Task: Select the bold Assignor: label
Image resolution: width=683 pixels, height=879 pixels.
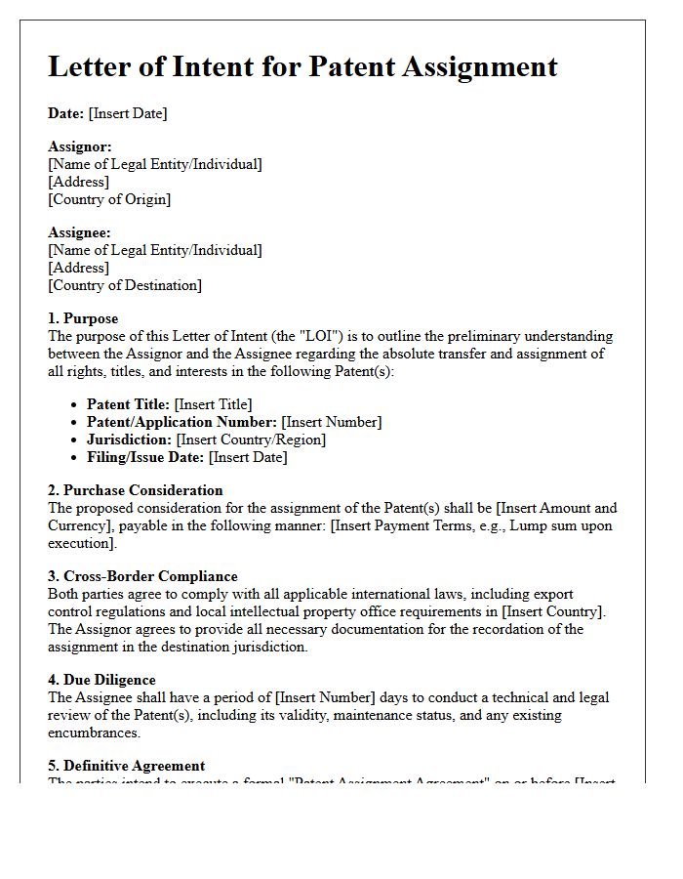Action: coord(80,146)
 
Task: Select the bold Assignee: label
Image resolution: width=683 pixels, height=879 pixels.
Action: coord(80,232)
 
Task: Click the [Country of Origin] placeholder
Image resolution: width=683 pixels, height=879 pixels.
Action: coord(109,199)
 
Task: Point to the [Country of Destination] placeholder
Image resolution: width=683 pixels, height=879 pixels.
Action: coord(125,285)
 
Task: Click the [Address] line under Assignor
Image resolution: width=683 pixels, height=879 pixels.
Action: coord(79,182)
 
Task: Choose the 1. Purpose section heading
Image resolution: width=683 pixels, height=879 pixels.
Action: coord(83,318)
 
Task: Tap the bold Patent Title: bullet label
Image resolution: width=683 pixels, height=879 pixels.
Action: coord(129,404)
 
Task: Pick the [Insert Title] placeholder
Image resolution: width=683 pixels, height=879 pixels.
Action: coord(213,404)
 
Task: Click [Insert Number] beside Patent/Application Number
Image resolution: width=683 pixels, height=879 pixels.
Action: coord(332,422)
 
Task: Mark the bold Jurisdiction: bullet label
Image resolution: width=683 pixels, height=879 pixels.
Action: coord(130,439)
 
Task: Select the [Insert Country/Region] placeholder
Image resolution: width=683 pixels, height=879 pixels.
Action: coord(251,439)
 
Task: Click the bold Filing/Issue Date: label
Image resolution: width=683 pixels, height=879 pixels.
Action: coord(145,457)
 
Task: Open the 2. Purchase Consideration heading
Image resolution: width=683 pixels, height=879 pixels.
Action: coord(136,490)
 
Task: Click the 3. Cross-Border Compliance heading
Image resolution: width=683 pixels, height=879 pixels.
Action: coord(142,576)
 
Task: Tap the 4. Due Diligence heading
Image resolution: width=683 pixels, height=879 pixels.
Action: coord(101,680)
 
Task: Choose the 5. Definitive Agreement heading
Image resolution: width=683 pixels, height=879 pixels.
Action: coord(127,766)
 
